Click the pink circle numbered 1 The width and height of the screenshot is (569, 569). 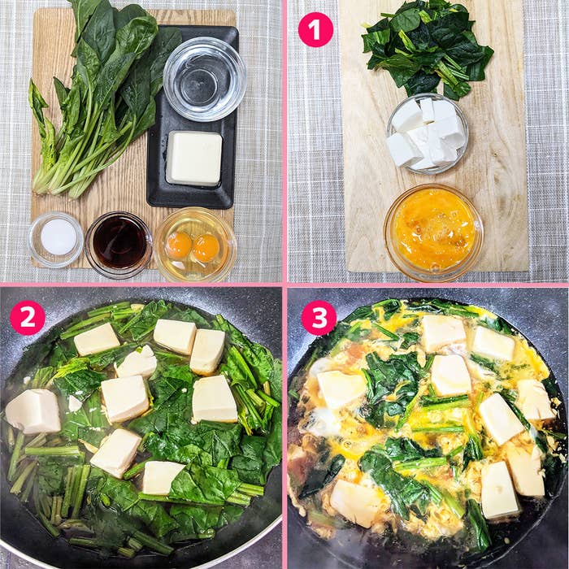click(315, 30)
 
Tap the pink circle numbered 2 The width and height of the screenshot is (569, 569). click(28, 318)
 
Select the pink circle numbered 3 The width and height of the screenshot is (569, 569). click(319, 318)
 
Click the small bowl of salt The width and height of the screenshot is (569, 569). click(56, 239)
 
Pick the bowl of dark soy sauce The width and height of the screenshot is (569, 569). click(119, 245)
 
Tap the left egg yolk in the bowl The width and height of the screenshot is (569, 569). click(179, 245)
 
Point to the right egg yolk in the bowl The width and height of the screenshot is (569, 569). click(206, 248)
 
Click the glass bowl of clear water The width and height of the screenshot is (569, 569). click(205, 79)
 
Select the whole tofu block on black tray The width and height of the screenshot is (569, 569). click(194, 159)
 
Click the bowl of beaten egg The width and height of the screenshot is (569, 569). click(433, 232)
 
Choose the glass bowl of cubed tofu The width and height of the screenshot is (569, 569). click(428, 133)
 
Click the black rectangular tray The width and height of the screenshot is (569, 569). click(193, 117)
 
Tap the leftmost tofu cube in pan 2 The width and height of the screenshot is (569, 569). click(33, 411)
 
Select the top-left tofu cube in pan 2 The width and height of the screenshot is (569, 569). click(97, 339)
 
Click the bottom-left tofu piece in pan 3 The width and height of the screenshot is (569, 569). click(354, 502)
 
